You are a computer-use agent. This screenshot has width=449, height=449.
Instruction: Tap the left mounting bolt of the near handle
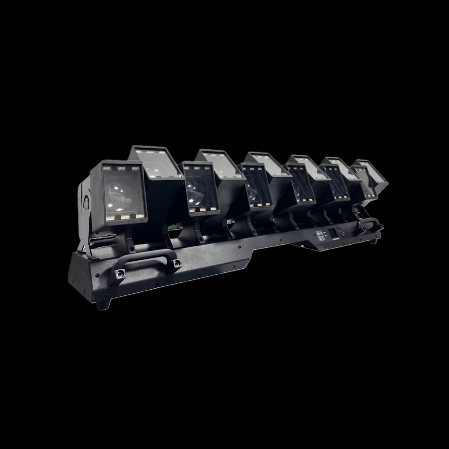click(x=121, y=273)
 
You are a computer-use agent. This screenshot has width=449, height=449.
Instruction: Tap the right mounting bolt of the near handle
click(x=177, y=262)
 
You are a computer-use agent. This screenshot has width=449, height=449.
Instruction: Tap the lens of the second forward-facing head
click(x=199, y=190)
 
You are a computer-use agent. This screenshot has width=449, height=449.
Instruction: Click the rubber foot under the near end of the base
click(x=102, y=305)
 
